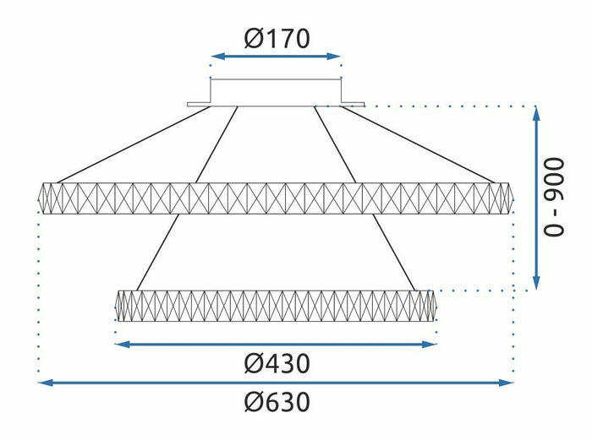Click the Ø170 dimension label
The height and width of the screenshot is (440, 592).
[277, 39]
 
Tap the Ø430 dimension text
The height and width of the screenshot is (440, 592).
[277, 363]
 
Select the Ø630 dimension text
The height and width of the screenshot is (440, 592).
[277, 402]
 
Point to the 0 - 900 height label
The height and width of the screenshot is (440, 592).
[553, 197]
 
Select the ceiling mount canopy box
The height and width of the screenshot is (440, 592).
[276, 92]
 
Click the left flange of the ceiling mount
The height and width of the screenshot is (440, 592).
[199, 104]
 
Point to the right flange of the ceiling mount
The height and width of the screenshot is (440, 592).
[353, 104]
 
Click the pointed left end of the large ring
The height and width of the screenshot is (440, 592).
[39, 198]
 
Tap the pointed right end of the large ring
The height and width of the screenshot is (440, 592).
[513, 198]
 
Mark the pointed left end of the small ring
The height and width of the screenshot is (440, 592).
[115, 306]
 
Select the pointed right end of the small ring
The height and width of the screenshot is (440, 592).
[436, 306]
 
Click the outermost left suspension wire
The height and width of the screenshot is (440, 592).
[134, 144]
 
